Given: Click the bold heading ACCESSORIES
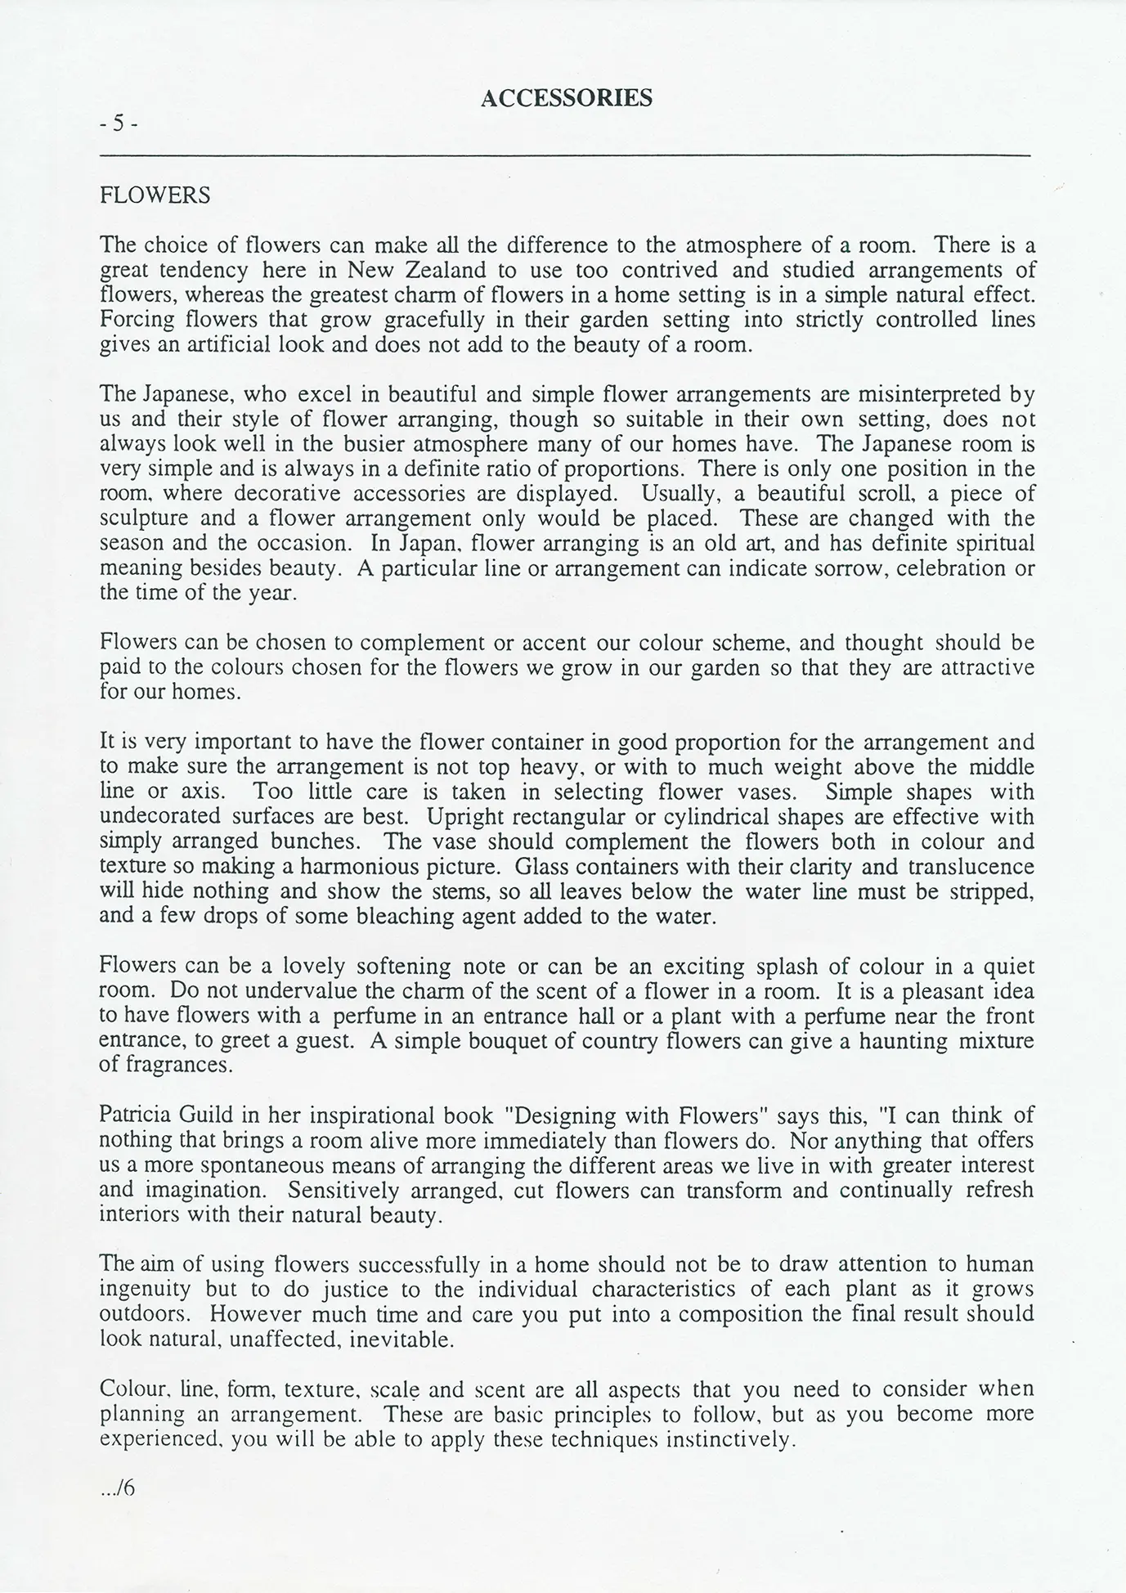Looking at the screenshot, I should click(566, 98).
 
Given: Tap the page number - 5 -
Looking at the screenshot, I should click(119, 123).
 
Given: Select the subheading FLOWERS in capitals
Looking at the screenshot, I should click(155, 196).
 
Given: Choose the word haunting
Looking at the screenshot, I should click(902, 1041).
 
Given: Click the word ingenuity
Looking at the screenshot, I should click(145, 1290).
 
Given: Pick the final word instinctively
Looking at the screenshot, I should click(730, 1439).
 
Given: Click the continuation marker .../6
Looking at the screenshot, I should click(117, 1488).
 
